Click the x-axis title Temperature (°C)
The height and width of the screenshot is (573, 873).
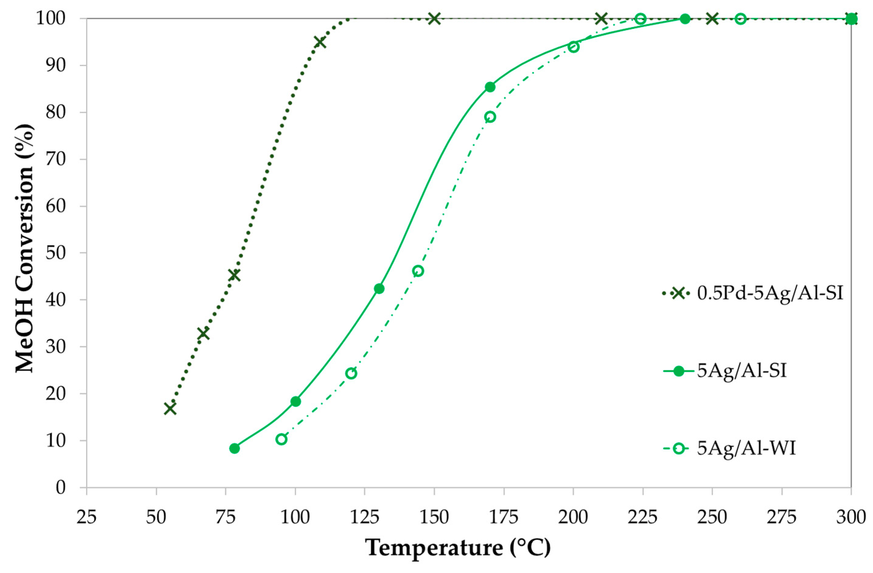[x=458, y=548]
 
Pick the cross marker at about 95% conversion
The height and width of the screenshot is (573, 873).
[x=320, y=42]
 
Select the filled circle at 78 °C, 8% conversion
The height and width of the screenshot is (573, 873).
[x=235, y=448]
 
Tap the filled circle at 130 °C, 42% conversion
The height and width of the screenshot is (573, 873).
[x=379, y=289]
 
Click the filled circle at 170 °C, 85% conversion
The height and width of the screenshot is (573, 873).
[x=490, y=87]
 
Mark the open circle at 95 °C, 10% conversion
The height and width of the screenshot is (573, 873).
[x=281, y=439]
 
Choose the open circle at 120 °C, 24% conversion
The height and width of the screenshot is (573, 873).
[x=351, y=373]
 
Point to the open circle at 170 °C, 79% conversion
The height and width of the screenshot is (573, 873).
[x=490, y=117]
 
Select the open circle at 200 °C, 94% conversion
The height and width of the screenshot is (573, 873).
[x=573, y=47]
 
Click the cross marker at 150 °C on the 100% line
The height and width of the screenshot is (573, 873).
[x=434, y=18]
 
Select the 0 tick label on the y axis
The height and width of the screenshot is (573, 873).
[x=61, y=487]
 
